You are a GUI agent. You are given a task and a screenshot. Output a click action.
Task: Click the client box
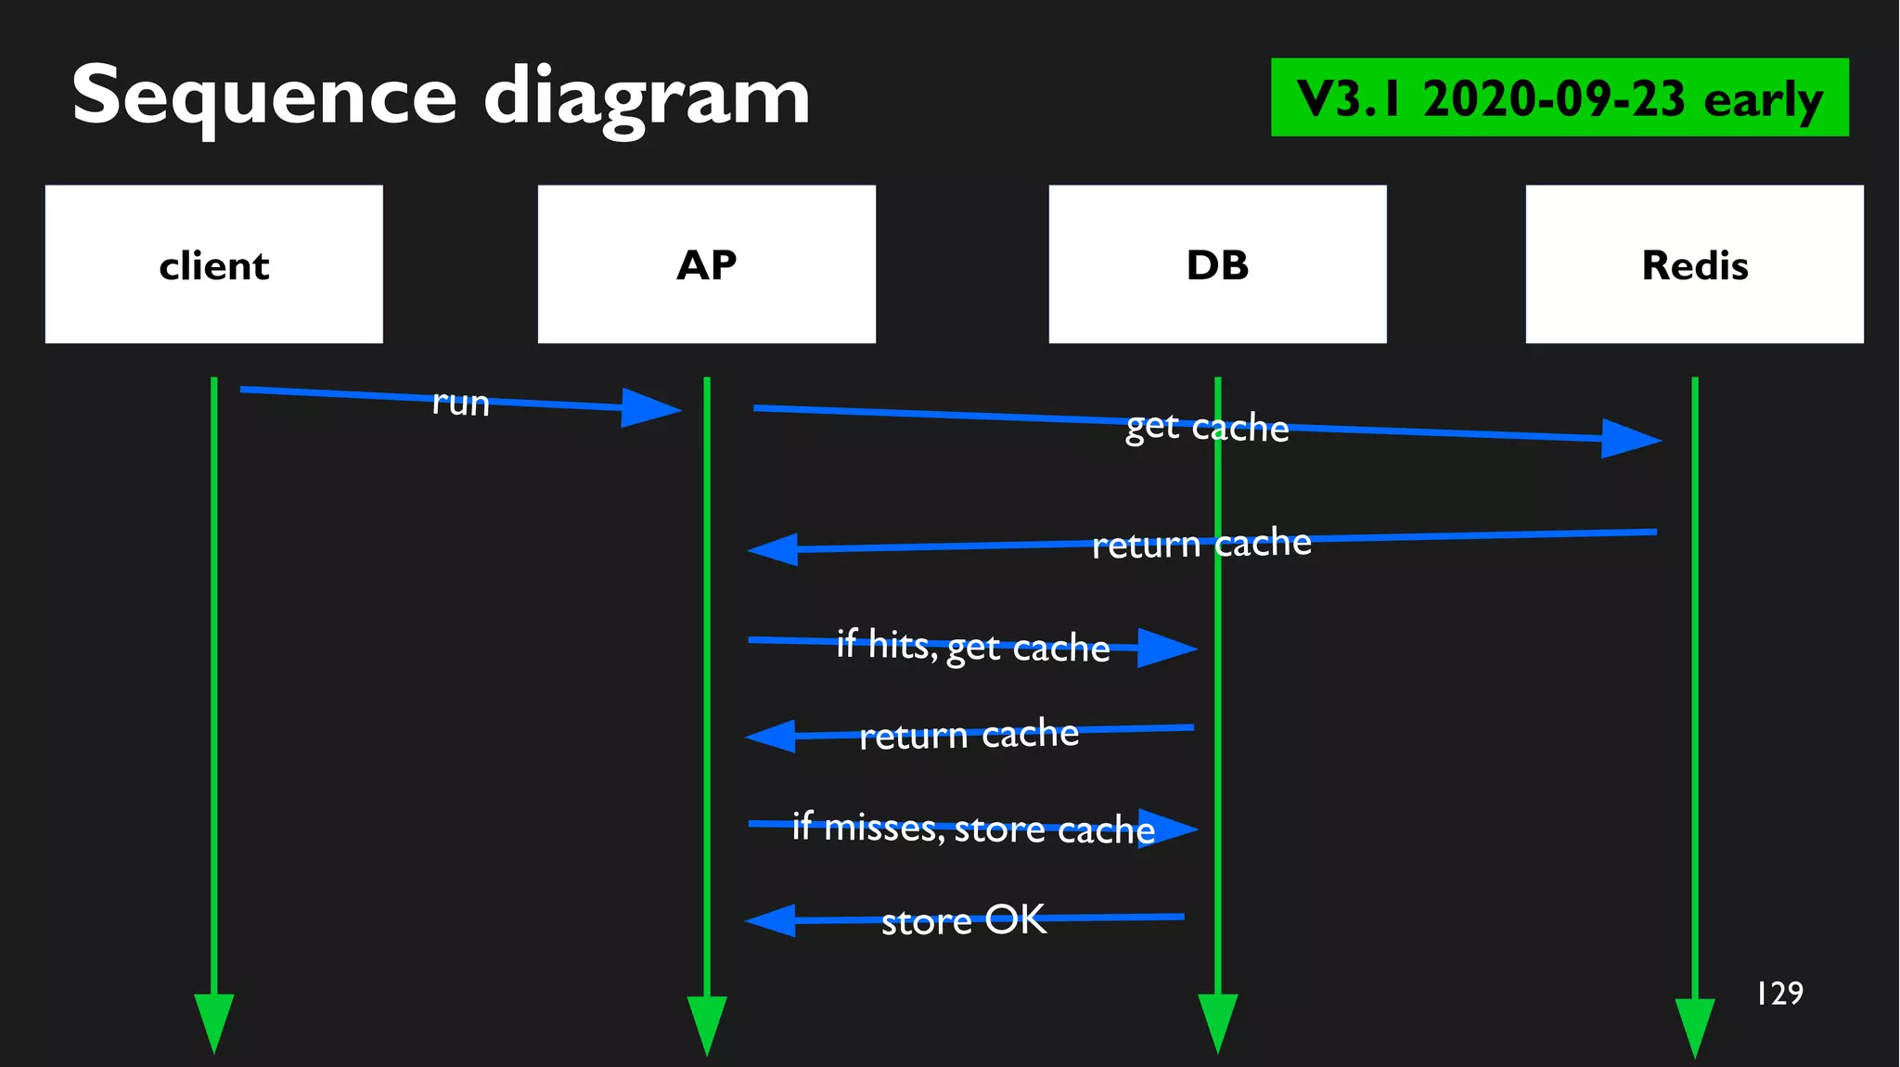213,264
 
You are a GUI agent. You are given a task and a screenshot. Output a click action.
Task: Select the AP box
706,264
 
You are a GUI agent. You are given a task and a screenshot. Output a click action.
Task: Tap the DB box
1217,264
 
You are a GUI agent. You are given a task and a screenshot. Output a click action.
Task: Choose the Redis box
1694,264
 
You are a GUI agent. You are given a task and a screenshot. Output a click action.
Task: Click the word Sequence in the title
263,96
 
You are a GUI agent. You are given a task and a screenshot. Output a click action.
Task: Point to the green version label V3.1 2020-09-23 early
1560,97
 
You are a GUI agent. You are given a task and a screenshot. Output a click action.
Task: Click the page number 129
1779,994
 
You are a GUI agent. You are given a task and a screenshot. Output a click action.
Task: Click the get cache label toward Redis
1207,427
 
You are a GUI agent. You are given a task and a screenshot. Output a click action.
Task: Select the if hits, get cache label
973,646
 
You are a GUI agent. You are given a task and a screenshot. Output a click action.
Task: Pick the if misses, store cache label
973,828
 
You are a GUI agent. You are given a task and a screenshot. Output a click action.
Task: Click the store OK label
964,920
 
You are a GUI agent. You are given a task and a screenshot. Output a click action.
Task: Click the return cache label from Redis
1201,544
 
